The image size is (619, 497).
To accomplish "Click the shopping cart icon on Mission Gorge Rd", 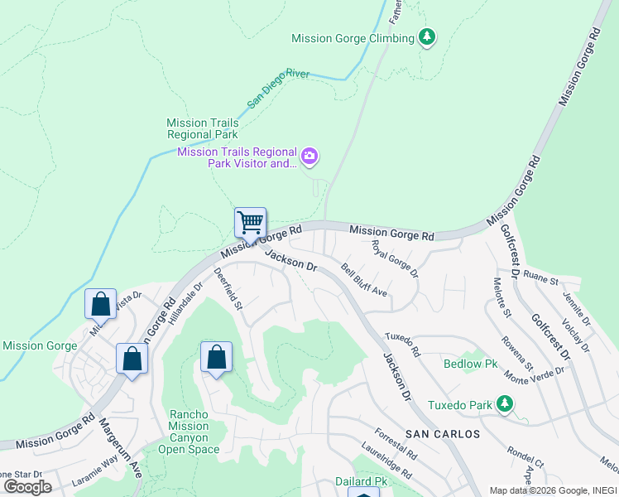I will (250, 223).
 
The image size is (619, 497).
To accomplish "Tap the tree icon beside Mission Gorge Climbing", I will (427, 37).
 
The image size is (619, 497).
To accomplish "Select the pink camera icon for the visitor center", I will (309, 155).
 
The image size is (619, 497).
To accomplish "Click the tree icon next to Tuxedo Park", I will (503, 405).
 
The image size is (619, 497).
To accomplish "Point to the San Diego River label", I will (278, 89).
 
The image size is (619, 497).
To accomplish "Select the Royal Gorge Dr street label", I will (395, 259).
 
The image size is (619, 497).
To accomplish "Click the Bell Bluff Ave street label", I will (364, 280).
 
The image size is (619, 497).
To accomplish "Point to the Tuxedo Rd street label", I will (403, 340).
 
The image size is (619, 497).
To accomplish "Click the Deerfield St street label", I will (228, 289).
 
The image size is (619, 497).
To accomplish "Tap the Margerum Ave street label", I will (121, 447).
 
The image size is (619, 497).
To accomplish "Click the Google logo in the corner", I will (28, 486).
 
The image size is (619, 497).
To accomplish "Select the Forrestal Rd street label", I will (396, 444).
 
